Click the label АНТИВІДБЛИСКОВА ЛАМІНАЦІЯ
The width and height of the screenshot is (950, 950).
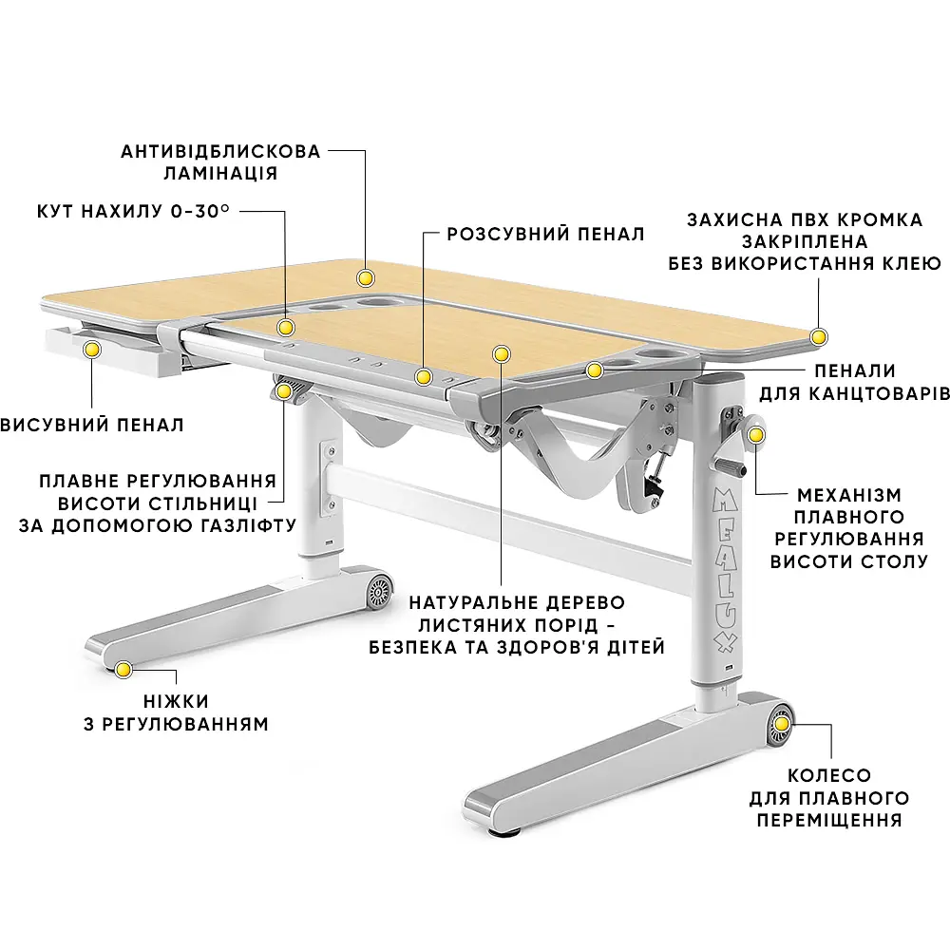click(220, 161)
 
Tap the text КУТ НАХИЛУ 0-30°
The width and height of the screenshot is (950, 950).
click(133, 212)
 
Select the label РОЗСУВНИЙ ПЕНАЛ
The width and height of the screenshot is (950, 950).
click(545, 234)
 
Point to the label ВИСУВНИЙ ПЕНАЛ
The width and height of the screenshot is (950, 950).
click(92, 425)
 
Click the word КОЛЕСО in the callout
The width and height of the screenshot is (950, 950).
click(829, 775)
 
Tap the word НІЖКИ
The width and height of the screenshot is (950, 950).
click(177, 702)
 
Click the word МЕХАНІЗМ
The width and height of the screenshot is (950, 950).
click(849, 495)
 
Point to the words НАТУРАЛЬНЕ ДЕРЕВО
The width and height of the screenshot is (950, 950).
click(517, 603)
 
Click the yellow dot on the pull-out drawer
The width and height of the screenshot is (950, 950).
click(92, 349)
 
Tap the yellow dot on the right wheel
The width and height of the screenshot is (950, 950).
click(782, 724)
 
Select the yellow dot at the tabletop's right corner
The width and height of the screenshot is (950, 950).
click(819, 337)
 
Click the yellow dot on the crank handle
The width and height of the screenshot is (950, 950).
click(756, 435)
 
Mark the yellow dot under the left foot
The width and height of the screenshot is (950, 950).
click(123, 670)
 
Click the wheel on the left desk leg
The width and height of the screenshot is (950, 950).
click(379, 589)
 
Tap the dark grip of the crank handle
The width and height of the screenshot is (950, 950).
click(730, 466)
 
